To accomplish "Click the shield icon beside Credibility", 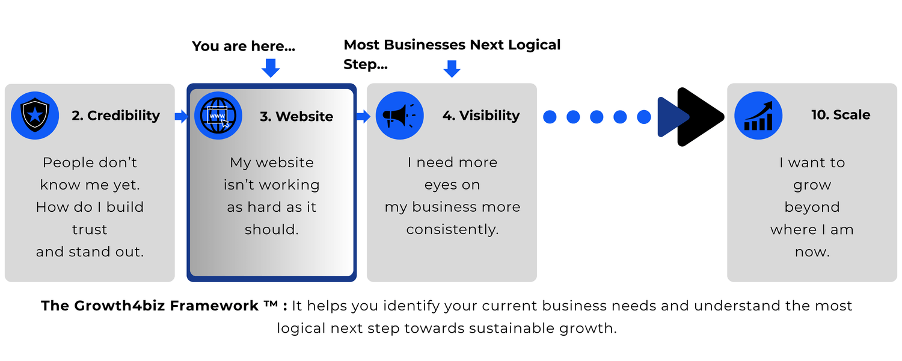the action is [x=35, y=116].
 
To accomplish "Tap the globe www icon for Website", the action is [x=218, y=116].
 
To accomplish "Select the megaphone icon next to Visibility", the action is [x=399, y=116].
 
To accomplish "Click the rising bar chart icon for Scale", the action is [x=758, y=116].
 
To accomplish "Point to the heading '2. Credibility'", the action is [x=116, y=116].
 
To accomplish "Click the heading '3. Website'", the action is [x=296, y=117].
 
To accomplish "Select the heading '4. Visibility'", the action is [x=481, y=116].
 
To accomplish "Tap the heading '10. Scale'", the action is [x=841, y=115].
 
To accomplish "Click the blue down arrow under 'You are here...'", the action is [x=271, y=67].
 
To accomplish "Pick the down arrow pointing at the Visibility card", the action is [x=452, y=69].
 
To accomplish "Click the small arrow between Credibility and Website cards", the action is [x=181, y=117].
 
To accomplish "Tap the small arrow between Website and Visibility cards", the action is [x=363, y=117].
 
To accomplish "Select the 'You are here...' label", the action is [x=244, y=46].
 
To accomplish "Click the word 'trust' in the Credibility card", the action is [x=90, y=230].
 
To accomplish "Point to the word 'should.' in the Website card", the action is [x=272, y=230].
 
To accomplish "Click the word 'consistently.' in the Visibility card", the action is [x=452, y=230].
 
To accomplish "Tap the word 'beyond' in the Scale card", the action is [x=812, y=207].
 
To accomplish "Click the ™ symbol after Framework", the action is [x=271, y=303].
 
